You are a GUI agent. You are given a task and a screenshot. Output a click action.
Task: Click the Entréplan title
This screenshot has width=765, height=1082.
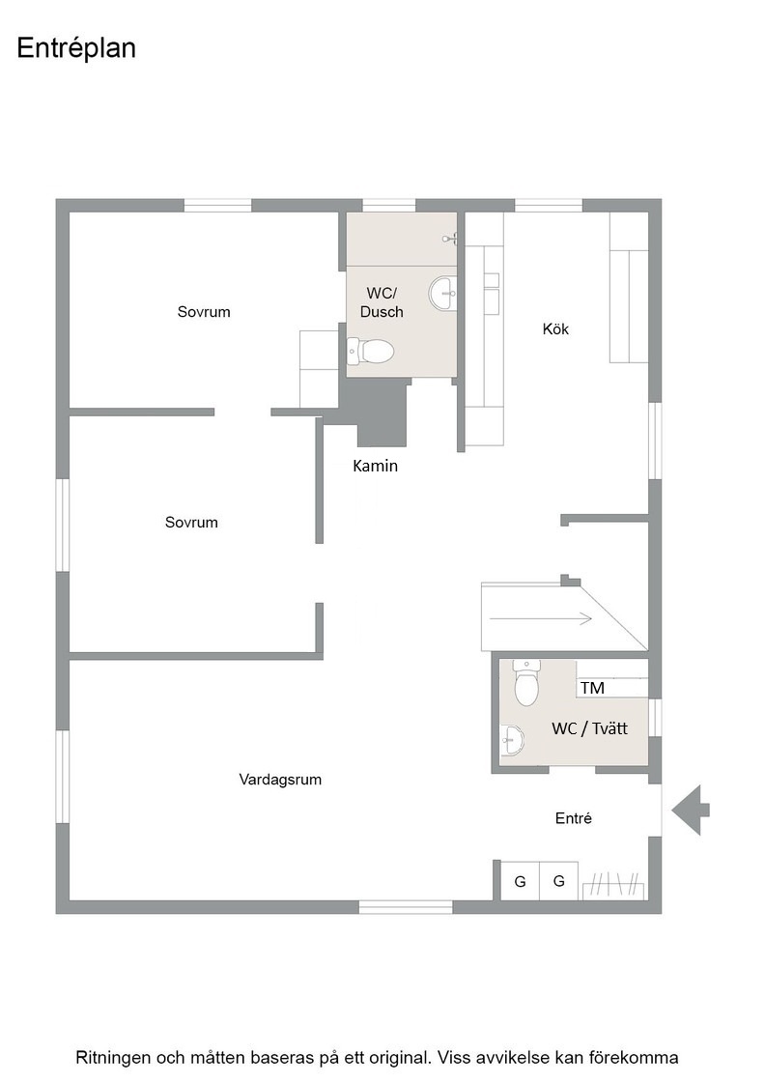[76, 48]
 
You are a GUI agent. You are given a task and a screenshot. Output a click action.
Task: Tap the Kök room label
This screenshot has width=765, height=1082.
[555, 329]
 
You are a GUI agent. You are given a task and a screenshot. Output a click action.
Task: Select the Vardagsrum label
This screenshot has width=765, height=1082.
[280, 780]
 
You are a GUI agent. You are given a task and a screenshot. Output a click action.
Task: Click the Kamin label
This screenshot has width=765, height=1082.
[376, 466]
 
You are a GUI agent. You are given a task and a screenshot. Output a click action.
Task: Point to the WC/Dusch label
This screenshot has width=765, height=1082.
[382, 303]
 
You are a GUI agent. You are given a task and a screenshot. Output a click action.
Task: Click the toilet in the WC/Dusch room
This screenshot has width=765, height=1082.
[370, 352]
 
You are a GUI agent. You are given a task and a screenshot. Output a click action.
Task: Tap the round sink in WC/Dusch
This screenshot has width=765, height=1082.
[442, 294]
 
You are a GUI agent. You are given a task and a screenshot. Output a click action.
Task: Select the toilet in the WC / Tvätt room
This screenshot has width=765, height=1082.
[526, 682]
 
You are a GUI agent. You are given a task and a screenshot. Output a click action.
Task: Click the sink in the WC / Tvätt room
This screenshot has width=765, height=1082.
[512, 740]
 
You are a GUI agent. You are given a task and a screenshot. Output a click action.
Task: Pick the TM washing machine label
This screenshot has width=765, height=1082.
[592, 688]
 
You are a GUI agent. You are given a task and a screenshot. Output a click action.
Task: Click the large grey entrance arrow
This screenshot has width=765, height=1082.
[691, 811]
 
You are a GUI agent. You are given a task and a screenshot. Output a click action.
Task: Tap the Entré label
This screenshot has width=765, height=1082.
[573, 818]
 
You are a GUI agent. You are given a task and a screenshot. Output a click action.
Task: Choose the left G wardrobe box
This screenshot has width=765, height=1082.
[520, 881]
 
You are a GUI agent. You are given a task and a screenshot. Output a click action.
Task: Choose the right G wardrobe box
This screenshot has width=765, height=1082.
[558, 881]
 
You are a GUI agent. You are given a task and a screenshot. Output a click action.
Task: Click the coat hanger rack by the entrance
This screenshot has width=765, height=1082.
[613, 885]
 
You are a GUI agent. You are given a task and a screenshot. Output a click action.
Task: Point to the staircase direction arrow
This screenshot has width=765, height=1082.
[540, 619]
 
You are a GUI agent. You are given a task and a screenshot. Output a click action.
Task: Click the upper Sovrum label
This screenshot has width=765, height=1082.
[204, 312]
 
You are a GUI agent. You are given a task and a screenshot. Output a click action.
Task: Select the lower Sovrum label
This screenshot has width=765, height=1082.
[191, 523]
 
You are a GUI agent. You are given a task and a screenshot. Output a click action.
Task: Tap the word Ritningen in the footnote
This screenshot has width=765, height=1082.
[113, 1058]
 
